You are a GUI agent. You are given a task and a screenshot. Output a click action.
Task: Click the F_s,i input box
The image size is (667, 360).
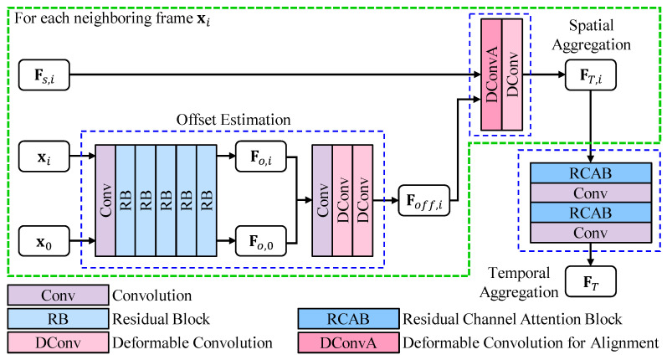tap(44, 80)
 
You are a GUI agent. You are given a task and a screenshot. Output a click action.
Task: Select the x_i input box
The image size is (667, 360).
tap(44, 155)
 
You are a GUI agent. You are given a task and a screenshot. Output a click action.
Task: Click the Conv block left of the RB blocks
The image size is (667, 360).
tap(105, 199)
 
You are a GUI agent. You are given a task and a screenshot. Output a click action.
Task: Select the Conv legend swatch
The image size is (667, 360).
tap(58, 296)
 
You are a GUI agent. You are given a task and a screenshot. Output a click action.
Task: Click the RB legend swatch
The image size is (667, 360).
tap(58, 319)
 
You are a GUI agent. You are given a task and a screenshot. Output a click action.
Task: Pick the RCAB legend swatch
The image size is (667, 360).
tap(346, 319)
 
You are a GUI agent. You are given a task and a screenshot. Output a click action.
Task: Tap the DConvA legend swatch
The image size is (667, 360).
tap(346, 342)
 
